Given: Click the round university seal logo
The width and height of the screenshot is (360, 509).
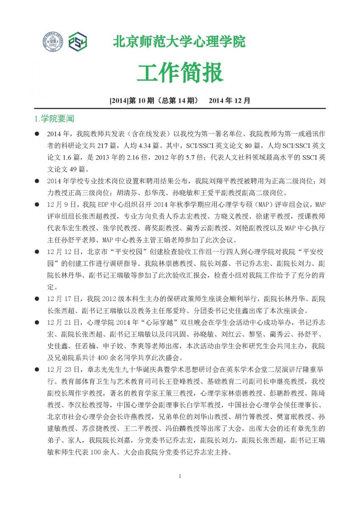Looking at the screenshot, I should tap(52, 42).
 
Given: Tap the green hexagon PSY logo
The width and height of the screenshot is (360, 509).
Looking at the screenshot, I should tap(78, 42).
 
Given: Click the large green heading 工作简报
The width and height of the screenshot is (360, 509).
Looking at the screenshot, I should tap(180, 73).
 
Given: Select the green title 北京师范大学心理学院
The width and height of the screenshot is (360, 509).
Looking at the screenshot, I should tap(179, 42).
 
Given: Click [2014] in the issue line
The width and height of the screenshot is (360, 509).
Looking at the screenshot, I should tap(117, 101).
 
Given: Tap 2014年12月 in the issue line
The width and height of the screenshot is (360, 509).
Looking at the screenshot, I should tap(229, 101).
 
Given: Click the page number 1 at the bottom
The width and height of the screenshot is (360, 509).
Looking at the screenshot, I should tap(180, 476).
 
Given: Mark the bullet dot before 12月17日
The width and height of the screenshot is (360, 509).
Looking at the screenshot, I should tap(37, 299).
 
